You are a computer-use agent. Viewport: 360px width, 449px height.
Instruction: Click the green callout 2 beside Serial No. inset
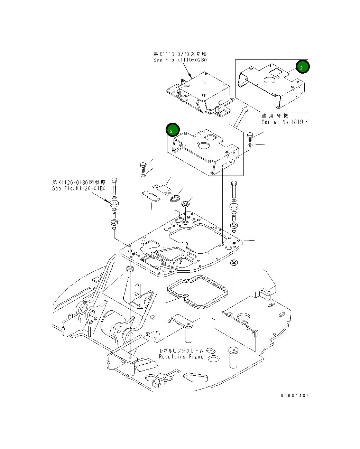[302, 67]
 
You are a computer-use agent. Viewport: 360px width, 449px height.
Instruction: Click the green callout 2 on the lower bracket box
[173, 130]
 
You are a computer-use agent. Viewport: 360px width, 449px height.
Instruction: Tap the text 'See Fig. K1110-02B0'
[180, 60]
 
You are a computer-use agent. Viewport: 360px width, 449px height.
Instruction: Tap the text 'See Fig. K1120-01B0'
[79, 188]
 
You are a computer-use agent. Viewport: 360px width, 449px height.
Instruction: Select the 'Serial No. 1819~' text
[285, 122]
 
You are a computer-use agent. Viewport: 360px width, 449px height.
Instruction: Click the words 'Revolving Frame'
[181, 357]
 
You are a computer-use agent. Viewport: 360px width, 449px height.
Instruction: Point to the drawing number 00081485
[295, 395]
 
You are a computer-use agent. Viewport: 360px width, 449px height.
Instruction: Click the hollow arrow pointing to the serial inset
[241, 116]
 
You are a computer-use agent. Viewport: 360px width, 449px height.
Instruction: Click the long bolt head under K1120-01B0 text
[114, 180]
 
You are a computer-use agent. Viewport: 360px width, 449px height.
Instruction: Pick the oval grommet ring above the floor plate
[175, 198]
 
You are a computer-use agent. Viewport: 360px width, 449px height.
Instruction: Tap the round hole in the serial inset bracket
[270, 80]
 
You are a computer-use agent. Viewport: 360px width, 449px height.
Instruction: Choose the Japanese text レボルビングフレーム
[181, 350]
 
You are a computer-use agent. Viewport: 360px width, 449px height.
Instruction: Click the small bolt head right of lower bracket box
[250, 134]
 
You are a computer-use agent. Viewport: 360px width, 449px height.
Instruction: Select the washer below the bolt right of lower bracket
[250, 145]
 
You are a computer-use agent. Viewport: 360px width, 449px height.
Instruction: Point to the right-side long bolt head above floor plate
[234, 184]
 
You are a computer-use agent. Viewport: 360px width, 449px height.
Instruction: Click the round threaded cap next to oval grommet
[185, 204]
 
